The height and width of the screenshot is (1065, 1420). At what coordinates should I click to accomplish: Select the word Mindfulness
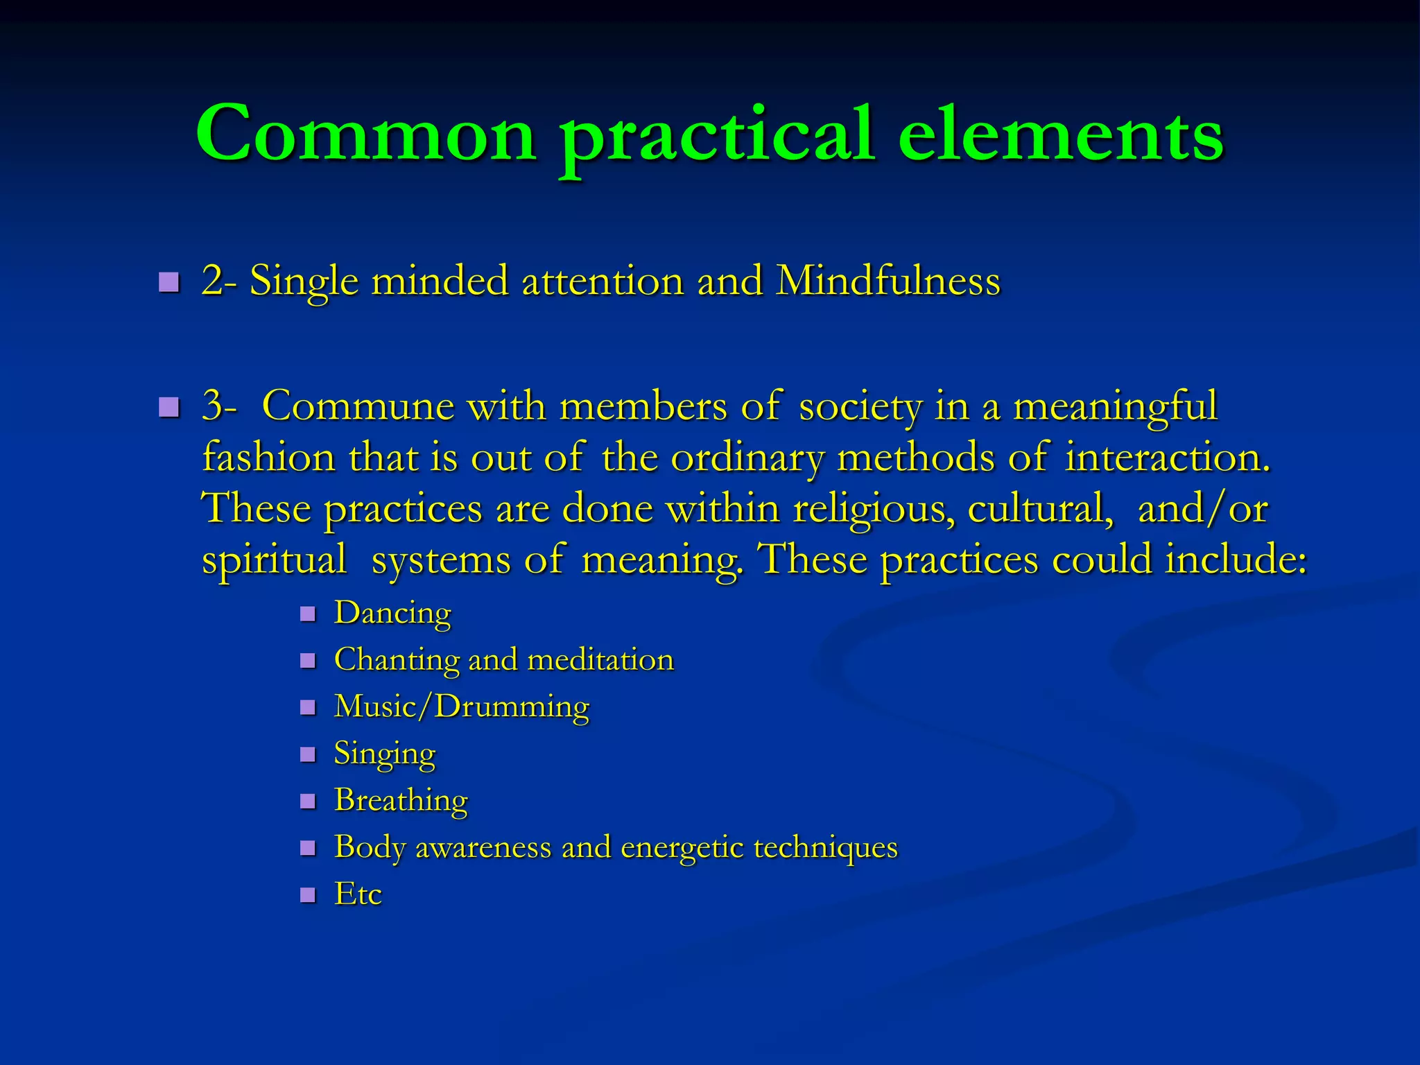(887, 282)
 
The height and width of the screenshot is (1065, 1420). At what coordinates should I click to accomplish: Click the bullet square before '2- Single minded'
(168, 282)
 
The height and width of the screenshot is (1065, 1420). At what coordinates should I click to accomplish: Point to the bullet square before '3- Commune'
(168, 407)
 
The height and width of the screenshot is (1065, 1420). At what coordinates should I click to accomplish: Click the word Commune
(358, 406)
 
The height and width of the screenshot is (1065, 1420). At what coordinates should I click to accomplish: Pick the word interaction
(1168, 458)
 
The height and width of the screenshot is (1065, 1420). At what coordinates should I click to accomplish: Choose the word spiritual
(274, 560)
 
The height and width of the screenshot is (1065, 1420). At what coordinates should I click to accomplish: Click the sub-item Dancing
(392, 614)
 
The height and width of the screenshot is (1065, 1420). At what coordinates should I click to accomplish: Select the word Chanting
(396, 660)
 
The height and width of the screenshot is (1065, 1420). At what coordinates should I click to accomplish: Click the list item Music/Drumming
(462, 707)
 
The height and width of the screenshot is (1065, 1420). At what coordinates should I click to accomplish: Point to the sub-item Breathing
(401, 801)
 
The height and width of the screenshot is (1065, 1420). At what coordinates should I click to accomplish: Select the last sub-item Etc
(358, 894)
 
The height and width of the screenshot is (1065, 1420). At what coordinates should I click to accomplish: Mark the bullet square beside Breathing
(308, 802)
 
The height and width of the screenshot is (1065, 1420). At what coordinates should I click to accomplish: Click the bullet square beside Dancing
(308, 614)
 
